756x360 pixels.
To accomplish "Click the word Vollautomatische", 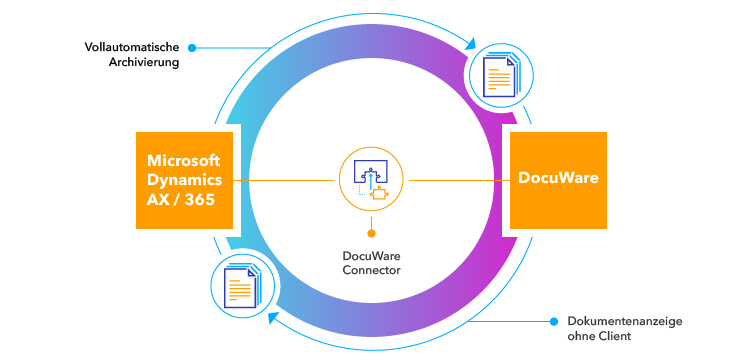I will tap(131, 46).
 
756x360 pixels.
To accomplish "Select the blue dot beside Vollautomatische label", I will tap(192, 46).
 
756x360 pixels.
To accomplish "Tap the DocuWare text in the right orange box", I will tap(558, 179).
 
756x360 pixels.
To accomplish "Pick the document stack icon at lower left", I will tap(240, 285).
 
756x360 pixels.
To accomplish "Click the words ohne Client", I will tap(600, 337).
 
